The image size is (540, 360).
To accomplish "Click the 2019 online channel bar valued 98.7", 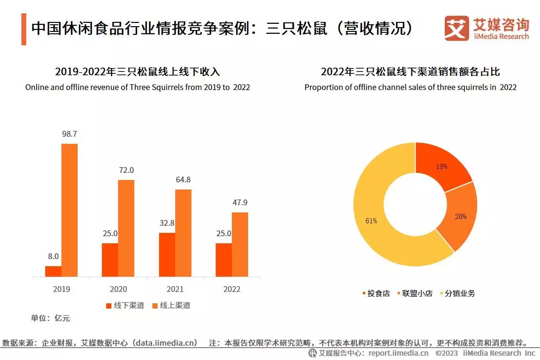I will [70, 210].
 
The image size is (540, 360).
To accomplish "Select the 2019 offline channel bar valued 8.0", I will [53, 271].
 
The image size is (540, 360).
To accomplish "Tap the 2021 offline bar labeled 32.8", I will [167, 254].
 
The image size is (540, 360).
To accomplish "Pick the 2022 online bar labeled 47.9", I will [240, 244].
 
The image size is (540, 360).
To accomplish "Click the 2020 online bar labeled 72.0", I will [126, 228].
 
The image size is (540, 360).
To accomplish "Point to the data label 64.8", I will [183, 180].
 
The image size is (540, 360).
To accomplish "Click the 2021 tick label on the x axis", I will [175, 289].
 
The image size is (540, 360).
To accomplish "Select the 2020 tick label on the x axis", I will [118, 289].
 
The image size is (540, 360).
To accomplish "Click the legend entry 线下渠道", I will [125, 305].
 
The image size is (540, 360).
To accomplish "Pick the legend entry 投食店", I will [376, 293].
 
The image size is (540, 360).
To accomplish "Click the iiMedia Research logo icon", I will [456, 28].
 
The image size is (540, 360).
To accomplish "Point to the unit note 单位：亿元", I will [50, 318].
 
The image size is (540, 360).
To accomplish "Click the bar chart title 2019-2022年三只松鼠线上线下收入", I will [137, 72].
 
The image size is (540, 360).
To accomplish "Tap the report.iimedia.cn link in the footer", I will [398, 353].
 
